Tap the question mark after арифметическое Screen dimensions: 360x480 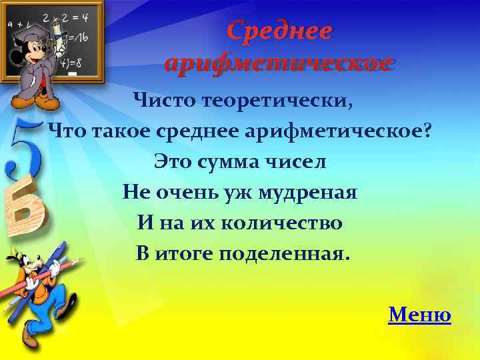(x=427, y=131)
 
